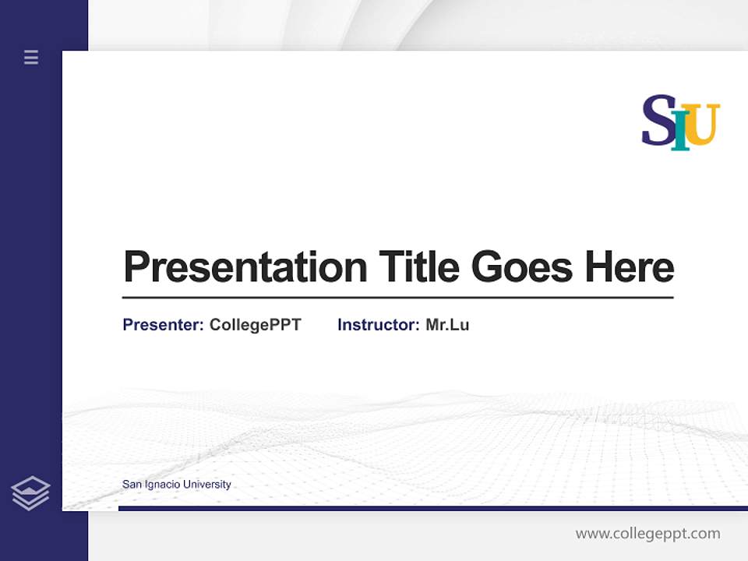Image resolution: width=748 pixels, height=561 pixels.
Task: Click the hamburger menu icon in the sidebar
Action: pos(31,57)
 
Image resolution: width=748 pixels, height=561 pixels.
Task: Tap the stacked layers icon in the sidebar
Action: pos(30,493)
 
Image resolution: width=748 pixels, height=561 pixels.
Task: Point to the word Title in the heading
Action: pos(419,266)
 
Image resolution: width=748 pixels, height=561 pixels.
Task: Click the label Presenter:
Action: pos(164,325)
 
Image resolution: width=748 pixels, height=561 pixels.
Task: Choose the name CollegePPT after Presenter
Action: pos(255,325)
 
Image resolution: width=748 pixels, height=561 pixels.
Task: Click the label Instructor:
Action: pos(379,325)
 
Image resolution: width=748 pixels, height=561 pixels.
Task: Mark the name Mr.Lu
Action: pos(447,325)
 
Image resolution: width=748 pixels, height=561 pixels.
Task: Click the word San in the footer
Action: pos(132,485)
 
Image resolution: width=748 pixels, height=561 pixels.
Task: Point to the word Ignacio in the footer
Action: pos(161,485)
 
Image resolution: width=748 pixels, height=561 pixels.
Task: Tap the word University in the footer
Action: pos(207,485)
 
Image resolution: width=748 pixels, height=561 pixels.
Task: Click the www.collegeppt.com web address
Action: pos(647,534)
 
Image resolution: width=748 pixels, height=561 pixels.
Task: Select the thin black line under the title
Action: pos(397,298)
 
